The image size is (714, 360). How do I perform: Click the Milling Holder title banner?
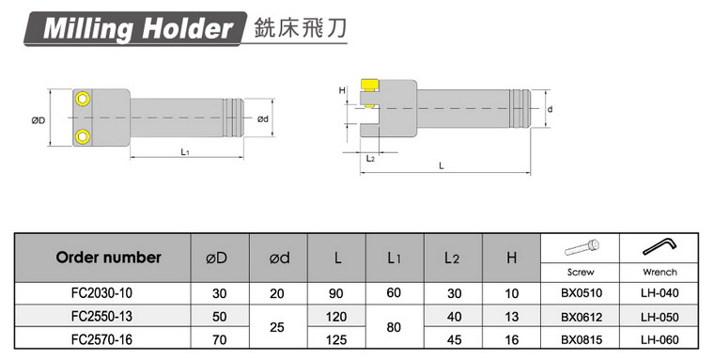pyautogui.click(x=135, y=29)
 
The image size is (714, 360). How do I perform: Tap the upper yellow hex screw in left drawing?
pyautogui.click(x=83, y=99)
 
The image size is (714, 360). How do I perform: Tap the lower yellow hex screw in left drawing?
pyautogui.click(x=83, y=135)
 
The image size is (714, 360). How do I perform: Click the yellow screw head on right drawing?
pyautogui.click(x=369, y=86)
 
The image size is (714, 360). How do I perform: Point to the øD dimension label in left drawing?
pyautogui.click(x=38, y=120)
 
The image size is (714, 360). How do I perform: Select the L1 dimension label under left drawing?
pyautogui.click(x=185, y=152)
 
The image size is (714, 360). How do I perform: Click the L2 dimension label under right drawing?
pyautogui.click(x=370, y=159)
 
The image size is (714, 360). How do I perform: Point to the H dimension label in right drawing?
pyautogui.click(x=342, y=90)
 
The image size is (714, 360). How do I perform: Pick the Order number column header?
pyautogui.click(x=108, y=258)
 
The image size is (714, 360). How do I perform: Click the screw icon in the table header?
pyautogui.click(x=582, y=247)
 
